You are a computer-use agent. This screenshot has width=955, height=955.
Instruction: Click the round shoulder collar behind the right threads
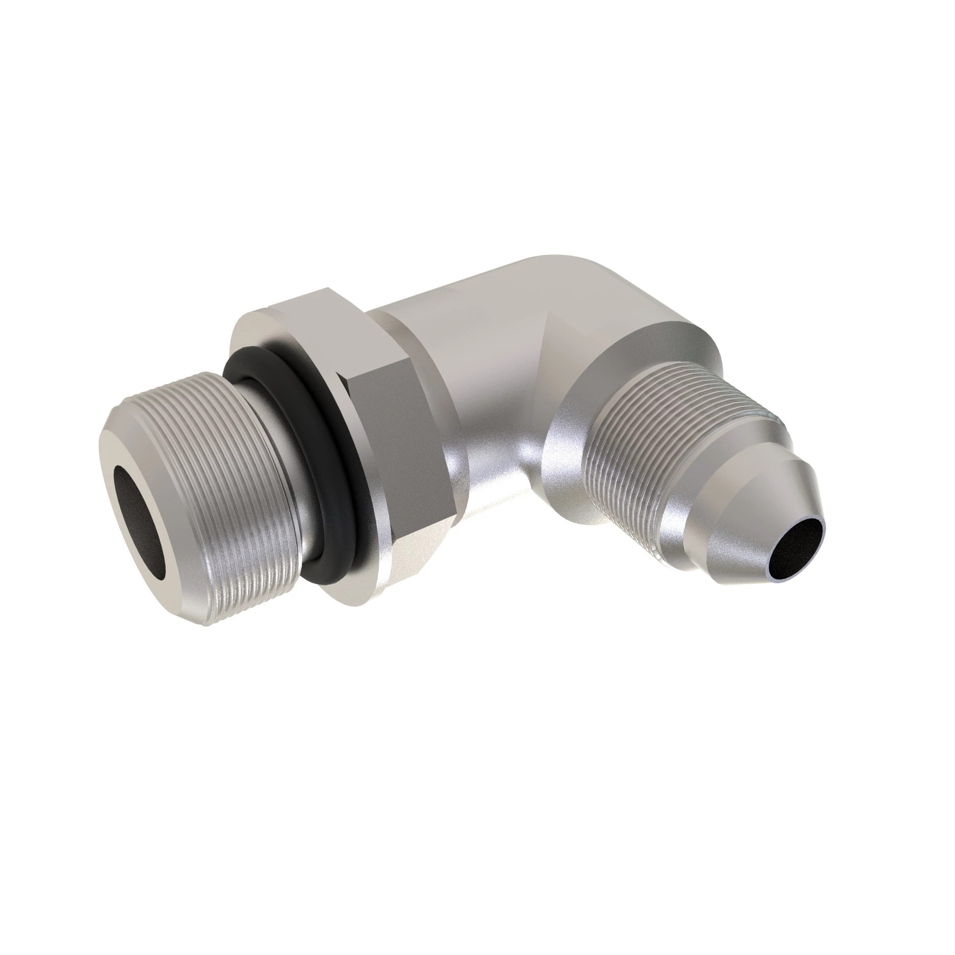584,376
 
